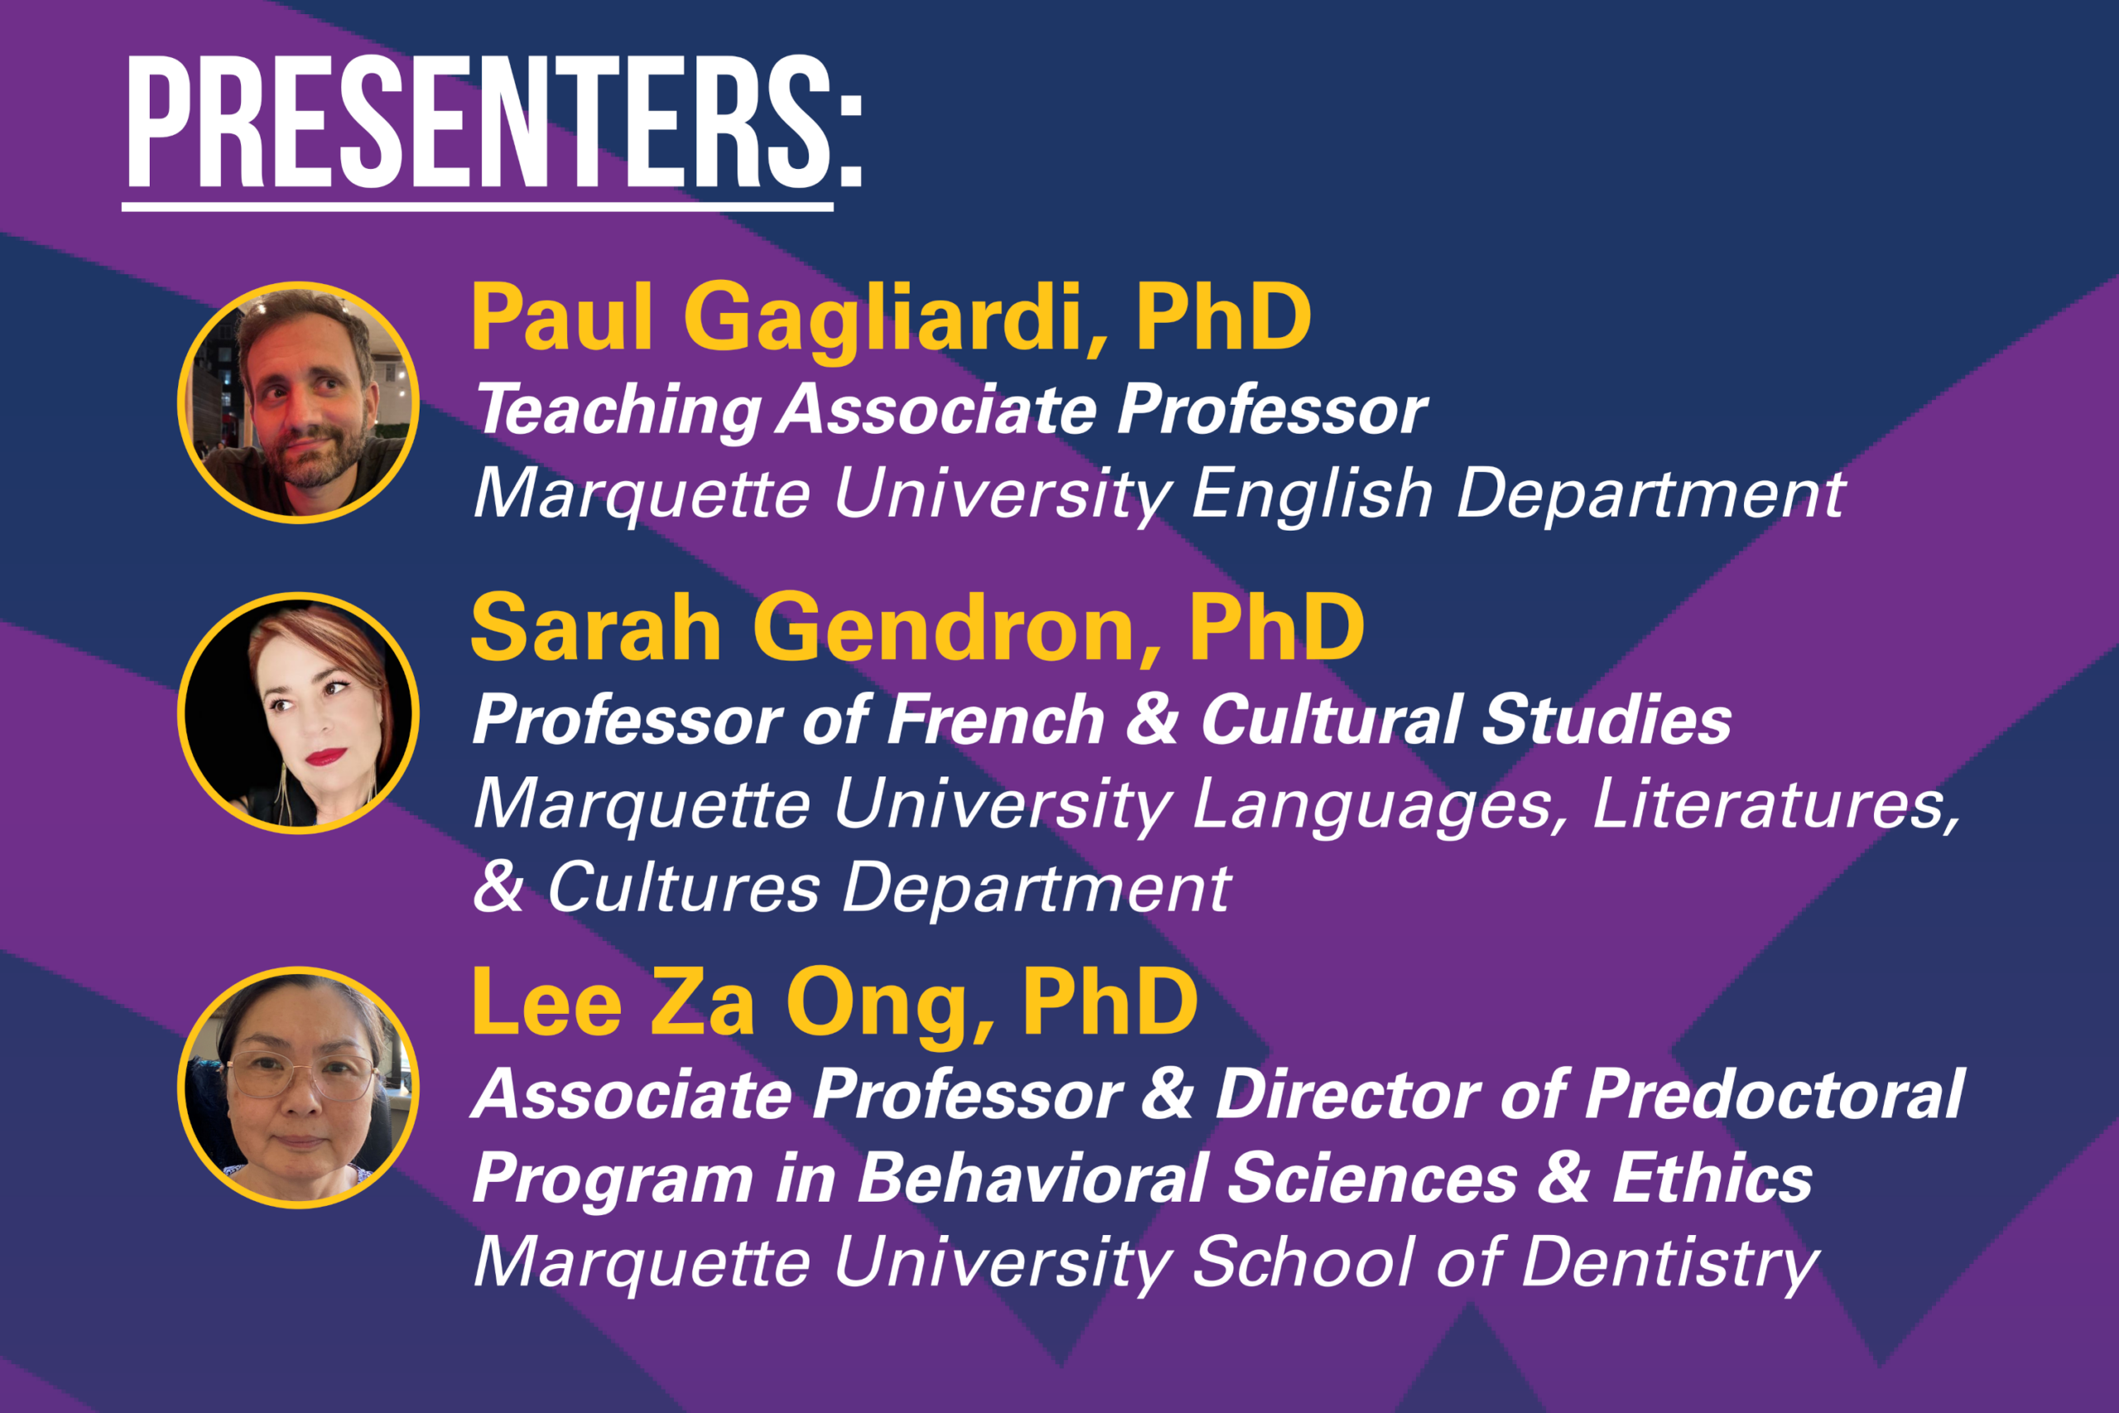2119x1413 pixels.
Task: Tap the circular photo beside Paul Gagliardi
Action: (x=298, y=403)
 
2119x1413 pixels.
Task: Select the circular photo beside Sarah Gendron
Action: (x=298, y=713)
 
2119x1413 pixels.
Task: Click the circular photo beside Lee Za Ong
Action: (x=298, y=1088)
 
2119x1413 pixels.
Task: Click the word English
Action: (x=1311, y=495)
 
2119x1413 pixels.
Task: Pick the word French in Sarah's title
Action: (x=995, y=720)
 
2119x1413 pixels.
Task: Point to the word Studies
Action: (x=1606, y=720)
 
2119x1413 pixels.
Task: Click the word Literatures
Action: (x=1775, y=804)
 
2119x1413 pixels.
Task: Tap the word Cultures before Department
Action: (x=684, y=887)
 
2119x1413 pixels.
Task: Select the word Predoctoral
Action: (x=1774, y=1095)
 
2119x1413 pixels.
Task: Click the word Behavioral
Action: (x=1032, y=1178)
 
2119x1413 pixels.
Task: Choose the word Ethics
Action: (x=1712, y=1178)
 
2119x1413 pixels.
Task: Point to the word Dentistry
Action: (x=1670, y=1263)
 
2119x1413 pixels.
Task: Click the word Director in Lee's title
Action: (x=1348, y=1095)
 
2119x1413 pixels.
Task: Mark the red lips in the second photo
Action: (x=325, y=756)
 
